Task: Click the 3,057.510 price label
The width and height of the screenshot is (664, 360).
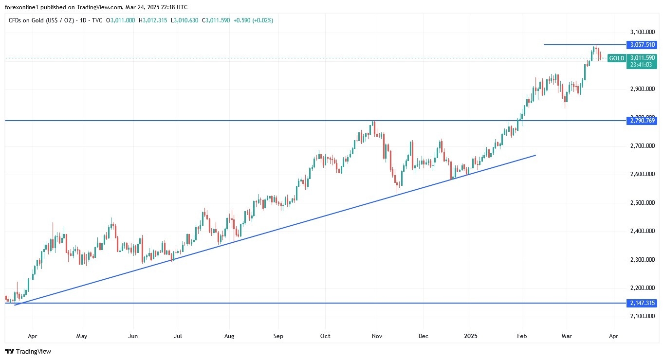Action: pos(643,45)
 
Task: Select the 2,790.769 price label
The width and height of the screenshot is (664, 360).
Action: pos(643,120)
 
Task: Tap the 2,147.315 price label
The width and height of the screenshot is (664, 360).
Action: pos(643,303)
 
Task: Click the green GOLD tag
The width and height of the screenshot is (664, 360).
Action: pos(617,58)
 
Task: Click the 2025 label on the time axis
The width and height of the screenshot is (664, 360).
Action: pos(471,336)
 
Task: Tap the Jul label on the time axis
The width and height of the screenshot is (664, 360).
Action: pos(178,336)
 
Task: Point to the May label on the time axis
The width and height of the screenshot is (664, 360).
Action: pos(82,336)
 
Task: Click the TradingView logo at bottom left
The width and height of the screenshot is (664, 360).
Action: pos(28,351)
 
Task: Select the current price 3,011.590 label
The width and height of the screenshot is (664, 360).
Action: pos(643,58)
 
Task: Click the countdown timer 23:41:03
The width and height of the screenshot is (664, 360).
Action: pos(642,64)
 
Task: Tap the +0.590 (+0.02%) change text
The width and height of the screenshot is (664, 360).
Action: pos(253,20)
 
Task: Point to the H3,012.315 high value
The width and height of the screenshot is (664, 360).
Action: pos(153,20)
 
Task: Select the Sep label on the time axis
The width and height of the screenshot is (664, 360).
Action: pos(278,336)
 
